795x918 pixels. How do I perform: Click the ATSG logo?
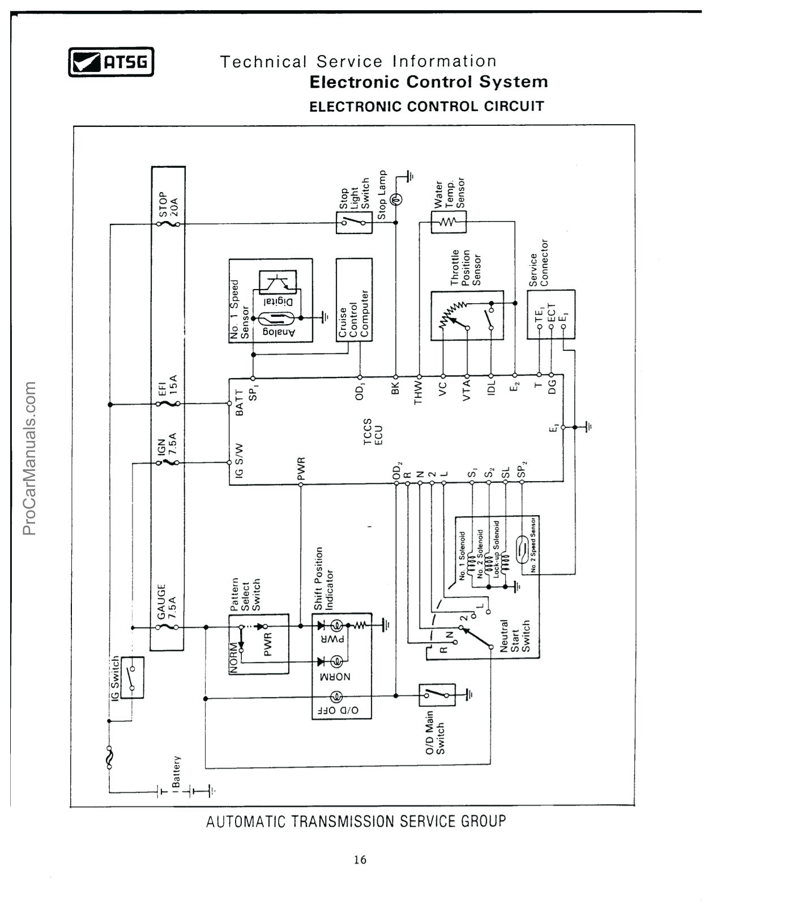click(111, 62)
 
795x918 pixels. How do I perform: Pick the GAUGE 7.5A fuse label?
click(167, 601)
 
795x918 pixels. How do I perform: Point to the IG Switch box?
click(132, 677)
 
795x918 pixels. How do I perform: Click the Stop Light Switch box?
click(354, 223)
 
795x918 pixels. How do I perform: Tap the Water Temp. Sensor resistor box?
click(448, 222)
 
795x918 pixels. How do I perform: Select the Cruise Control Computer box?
click(354, 300)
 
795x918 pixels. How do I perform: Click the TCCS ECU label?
click(372, 432)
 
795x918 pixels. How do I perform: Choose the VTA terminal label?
click(467, 391)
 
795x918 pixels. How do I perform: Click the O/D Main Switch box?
click(437, 695)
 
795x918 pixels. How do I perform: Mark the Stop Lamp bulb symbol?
click(396, 198)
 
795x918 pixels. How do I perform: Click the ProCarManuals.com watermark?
click(29, 458)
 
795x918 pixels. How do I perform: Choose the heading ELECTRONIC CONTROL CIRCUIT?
click(426, 107)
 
